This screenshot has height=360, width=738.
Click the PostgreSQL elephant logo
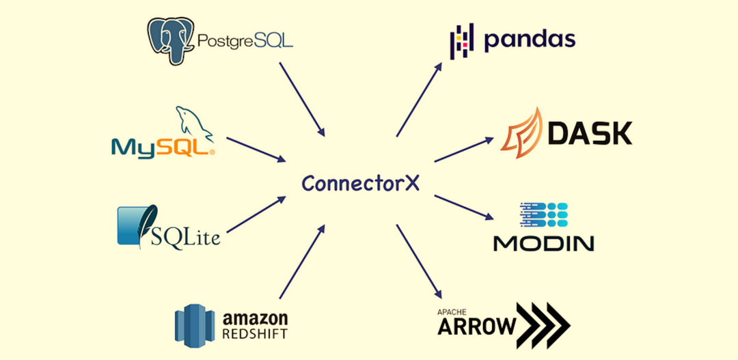pos(171,40)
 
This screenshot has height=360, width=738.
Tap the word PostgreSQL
pos(245,41)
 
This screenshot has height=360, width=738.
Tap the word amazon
pos(256,318)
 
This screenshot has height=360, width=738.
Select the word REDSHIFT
pos(256,334)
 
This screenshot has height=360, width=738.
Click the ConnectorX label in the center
pos(361,183)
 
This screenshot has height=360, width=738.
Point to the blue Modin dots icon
pos(544,215)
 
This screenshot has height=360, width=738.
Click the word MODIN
pos(544,243)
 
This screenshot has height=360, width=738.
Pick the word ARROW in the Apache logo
pos(476,327)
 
